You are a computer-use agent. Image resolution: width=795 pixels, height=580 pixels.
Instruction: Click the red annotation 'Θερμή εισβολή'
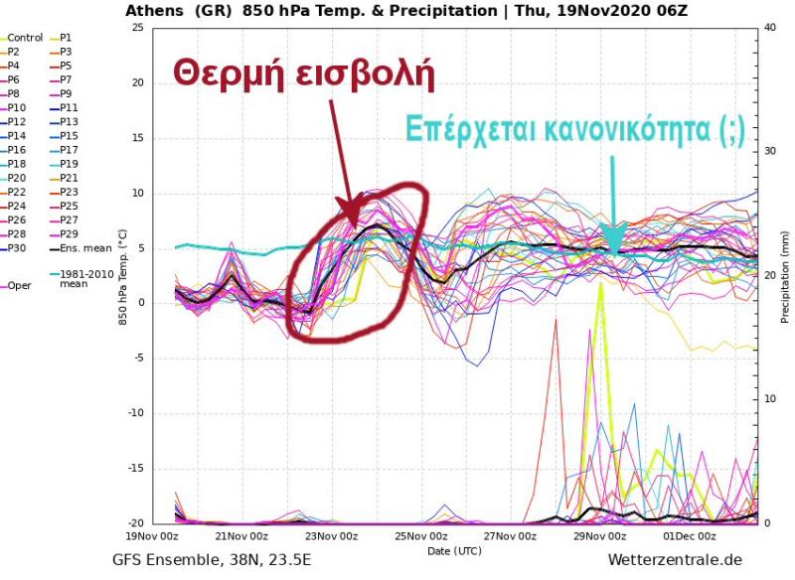(304, 73)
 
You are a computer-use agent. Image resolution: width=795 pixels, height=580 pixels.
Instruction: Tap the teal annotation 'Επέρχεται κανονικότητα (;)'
(573, 130)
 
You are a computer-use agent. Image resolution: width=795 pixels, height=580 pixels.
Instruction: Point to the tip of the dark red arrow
(347, 220)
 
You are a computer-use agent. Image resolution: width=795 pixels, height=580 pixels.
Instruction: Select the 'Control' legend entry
(24, 38)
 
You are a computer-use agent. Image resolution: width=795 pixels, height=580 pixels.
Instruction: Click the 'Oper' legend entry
(19, 285)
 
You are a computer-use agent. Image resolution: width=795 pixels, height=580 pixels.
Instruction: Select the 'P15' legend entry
(69, 136)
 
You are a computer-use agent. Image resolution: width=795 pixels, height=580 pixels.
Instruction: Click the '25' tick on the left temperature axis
(137, 28)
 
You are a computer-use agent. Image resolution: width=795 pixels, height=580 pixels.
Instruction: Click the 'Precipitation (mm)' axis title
(785, 275)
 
